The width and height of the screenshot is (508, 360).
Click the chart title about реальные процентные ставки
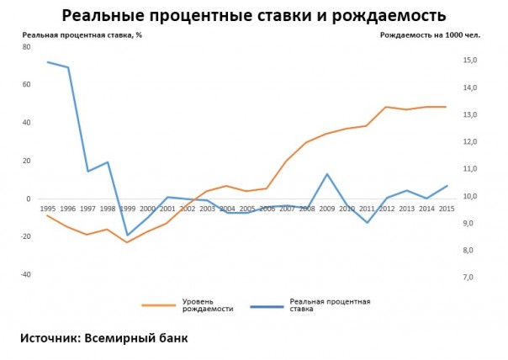[254, 15]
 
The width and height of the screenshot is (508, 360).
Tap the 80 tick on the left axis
[27, 47]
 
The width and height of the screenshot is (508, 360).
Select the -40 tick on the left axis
[26, 274]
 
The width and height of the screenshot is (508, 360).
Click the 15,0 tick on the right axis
[469, 61]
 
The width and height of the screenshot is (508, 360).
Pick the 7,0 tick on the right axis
[469, 277]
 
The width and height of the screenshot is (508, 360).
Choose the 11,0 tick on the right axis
[469, 169]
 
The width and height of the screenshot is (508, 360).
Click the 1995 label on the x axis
[47, 209]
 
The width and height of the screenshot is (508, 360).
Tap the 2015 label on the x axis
[446, 209]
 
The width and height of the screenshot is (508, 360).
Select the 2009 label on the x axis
[326, 209]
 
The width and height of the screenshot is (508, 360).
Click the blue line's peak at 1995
[47, 61]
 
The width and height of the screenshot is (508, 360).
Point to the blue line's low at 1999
[128, 236]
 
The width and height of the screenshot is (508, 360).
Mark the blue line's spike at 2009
[326, 174]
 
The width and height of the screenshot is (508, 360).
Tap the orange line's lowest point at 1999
[128, 242]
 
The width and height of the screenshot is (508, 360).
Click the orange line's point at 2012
[386, 107]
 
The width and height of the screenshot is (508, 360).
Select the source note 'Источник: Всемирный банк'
[104, 338]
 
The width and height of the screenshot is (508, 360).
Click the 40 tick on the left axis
[27, 123]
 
